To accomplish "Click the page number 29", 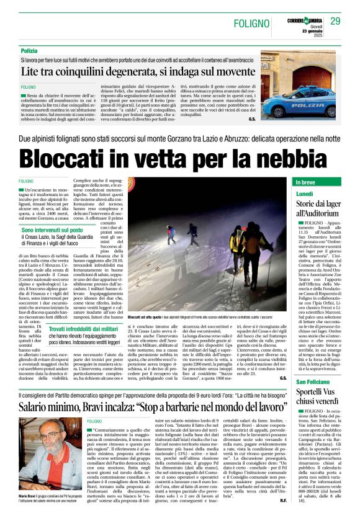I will tap(336, 21).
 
